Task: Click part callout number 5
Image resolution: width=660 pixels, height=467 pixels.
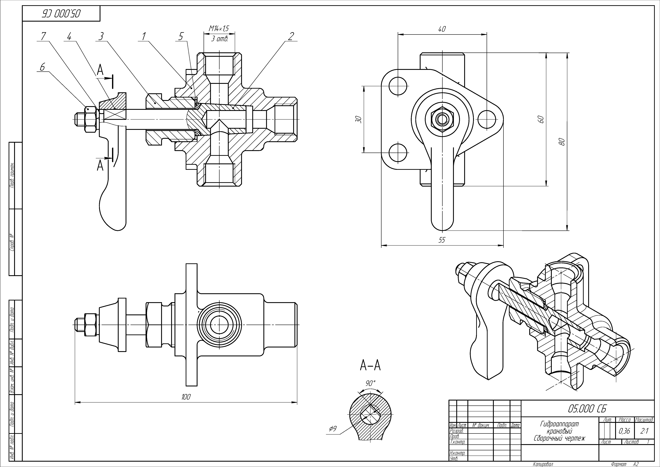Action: pos(181,36)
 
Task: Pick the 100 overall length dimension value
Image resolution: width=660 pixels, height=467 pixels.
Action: pos(186,397)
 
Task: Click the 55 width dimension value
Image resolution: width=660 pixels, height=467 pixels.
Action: pos(442,240)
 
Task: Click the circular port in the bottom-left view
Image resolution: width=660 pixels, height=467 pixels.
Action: pos(219,325)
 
